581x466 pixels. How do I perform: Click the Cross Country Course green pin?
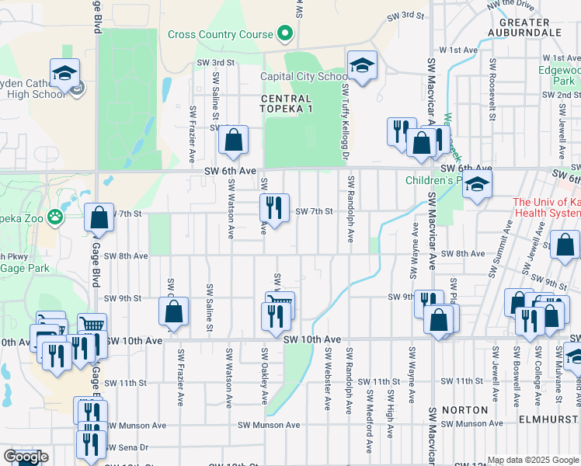[284, 34]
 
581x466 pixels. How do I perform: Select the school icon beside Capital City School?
[361, 67]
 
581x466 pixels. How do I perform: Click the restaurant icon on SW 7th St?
[273, 207]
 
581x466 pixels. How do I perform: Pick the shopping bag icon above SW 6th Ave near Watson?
[232, 141]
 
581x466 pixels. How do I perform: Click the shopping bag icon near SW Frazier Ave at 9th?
[174, 311]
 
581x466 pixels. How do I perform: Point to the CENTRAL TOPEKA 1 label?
[286, 104]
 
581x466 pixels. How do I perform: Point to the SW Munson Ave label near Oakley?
[268, 425]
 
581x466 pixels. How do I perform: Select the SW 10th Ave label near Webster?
[312, 339]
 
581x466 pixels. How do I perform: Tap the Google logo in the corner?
[26, 457]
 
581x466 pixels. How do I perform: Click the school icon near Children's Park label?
[478, 186]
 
